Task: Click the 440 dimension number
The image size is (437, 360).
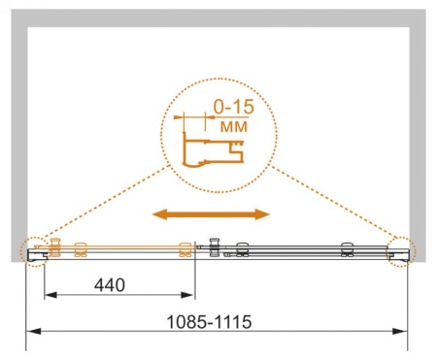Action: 110,285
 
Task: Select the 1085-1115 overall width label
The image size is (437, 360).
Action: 209,322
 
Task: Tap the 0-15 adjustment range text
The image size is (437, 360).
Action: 234,107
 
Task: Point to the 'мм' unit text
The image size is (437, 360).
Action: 234,126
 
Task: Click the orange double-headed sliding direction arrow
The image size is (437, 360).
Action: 211,214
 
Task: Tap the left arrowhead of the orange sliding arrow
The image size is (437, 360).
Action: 159,214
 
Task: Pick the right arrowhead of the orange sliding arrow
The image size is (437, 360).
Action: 262,214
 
